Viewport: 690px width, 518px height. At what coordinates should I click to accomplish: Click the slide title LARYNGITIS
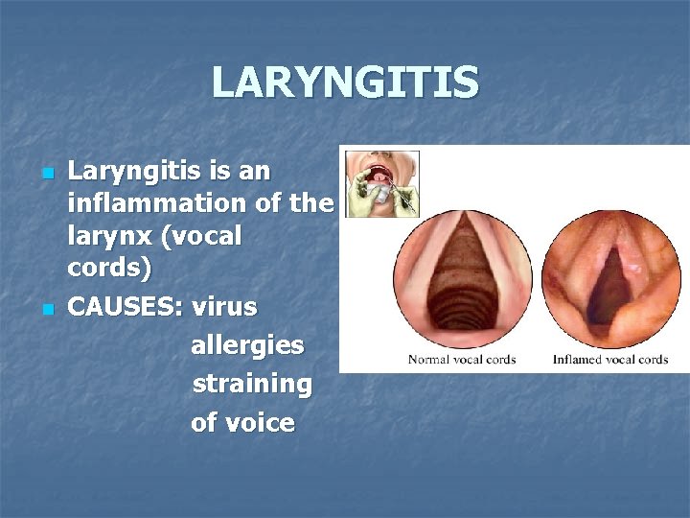(345, 82)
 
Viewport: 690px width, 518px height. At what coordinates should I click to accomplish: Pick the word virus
(224, 308)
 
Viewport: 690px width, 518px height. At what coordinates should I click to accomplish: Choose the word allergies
(247, 345)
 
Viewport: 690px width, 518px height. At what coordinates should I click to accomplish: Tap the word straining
(252, 384)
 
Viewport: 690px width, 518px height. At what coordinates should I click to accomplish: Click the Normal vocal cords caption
(462, 360)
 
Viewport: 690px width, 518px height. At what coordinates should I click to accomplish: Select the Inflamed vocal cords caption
(610, 360)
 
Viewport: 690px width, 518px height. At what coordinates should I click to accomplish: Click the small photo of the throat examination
(381, 183)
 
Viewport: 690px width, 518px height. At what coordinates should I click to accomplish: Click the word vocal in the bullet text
(205, 236)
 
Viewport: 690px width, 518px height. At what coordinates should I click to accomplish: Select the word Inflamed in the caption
(577, 360)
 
